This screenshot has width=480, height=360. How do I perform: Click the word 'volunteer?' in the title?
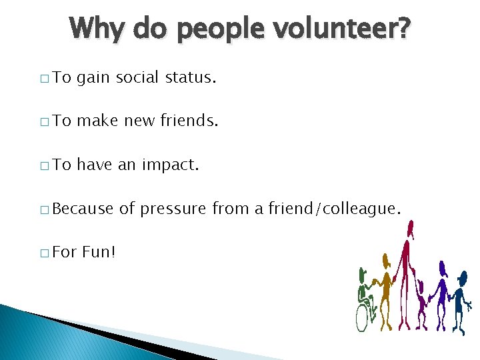coord(347,29)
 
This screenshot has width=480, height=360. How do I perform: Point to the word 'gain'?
coord(93,78)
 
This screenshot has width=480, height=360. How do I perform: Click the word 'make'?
coord(98,121)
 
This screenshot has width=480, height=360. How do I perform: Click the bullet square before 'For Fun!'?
coord(43,253)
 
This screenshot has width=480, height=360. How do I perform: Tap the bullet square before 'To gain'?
coord(43,79)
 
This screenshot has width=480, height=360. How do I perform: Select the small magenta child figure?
coord(421,303)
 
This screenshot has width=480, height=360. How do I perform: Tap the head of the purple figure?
coord(442,267)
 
